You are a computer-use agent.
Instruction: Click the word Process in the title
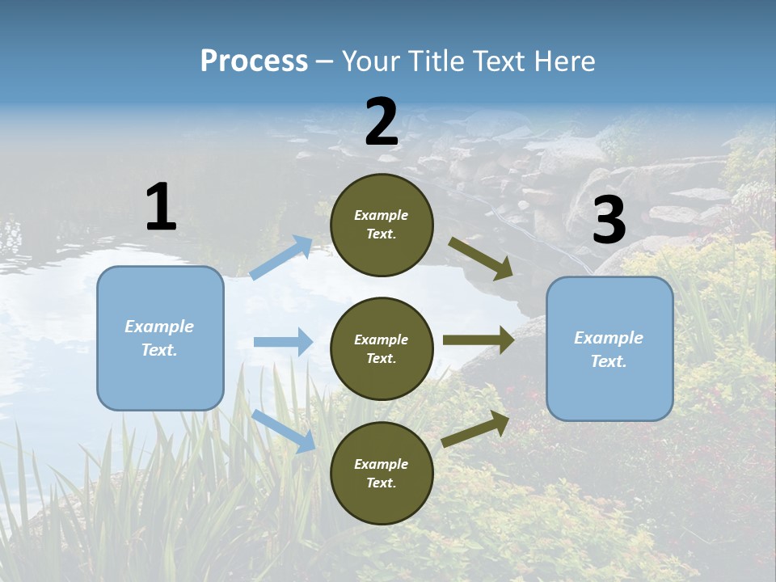coord(254,61)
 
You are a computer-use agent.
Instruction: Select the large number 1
coord(161,207)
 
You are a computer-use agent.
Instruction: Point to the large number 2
coord(382,122)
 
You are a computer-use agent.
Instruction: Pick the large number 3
coord(609,221)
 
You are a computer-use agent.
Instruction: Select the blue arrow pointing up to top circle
coord(281,258)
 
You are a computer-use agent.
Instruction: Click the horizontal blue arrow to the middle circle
coord(283,342)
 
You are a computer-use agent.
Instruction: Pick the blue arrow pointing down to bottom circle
coord(284,430)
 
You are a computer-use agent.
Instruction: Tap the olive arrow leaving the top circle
coord(480,258)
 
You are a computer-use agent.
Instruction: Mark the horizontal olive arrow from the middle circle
coord(479,340)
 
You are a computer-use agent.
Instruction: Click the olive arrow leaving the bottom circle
coord(475,428)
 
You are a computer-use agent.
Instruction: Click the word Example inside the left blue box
coord(159,327)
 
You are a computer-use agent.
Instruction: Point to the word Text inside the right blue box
coord(608,361)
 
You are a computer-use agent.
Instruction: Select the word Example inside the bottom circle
coord(382,464)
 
